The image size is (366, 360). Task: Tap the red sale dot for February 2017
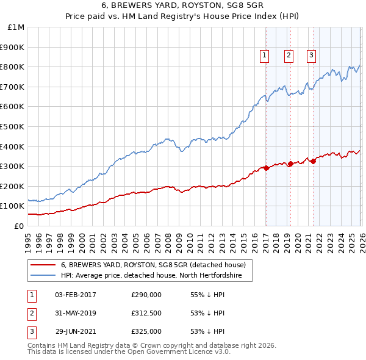coord(266,168)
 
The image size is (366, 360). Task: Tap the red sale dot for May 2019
coord(290,164)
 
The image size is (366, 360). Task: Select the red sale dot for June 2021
coord(313,161)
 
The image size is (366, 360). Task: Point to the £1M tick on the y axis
coord(16,27)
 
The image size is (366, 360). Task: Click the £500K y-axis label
coord(13,126)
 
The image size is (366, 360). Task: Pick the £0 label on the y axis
coord(19,226)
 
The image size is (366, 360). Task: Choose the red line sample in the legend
coord(43,265)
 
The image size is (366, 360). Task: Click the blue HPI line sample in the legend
coord(43,276)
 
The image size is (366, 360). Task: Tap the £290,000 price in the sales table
coord(146,295)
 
